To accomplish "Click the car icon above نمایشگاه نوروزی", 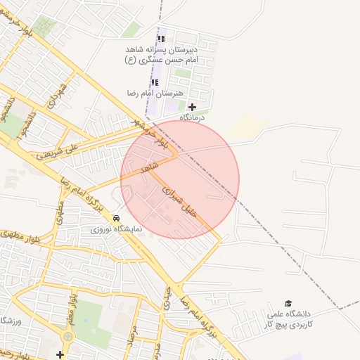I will tap(116, 219).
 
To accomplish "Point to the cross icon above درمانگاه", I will tap(192, 107).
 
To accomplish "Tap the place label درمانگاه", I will tap(192, 117).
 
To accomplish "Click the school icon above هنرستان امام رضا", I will tap(155, 82).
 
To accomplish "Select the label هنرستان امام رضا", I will tap(155, 93).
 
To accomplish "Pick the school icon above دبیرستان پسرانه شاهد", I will tap(161, 39).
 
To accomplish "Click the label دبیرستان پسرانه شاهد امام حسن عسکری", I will tap(161, 55).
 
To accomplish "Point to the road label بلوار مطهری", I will tap(25, 236).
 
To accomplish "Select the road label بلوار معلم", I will tap(71, 309).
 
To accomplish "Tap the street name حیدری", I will tap(167, 299).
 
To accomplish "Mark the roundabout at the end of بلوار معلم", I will tap(67, 336).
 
